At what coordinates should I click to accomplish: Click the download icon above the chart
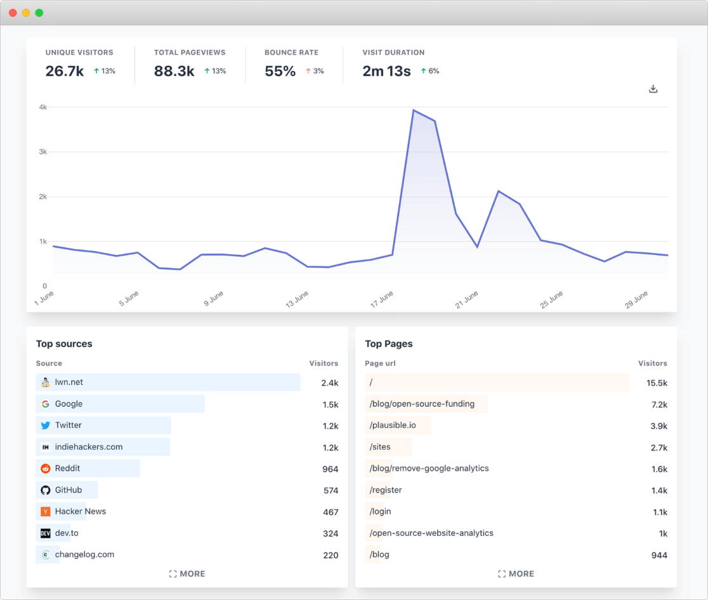coord(653,89)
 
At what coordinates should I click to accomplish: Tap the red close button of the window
coord(13,13)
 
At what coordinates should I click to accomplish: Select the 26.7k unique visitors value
coord(65,71)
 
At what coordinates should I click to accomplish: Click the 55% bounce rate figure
coord(280,71)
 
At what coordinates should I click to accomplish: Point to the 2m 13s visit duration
coord(386,71)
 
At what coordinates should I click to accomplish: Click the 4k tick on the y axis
coord(43,107)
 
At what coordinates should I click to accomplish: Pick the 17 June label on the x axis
coord(383,299)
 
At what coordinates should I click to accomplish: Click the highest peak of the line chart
coord(414,110)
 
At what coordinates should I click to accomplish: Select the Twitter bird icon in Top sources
coord(45,426)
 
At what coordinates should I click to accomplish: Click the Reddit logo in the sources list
coord(45,469)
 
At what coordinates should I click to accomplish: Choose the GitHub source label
coord(68,490)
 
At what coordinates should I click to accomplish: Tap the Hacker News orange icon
coord(45,511)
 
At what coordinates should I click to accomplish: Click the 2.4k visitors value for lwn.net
coord(329,382)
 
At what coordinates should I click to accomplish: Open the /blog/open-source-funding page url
coord(422,404)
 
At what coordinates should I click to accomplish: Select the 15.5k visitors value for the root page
coord(657,382)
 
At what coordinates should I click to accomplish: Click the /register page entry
coord(386,490)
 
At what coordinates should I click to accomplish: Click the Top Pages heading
coord(388,344)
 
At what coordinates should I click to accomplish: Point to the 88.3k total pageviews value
coord(174,71)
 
